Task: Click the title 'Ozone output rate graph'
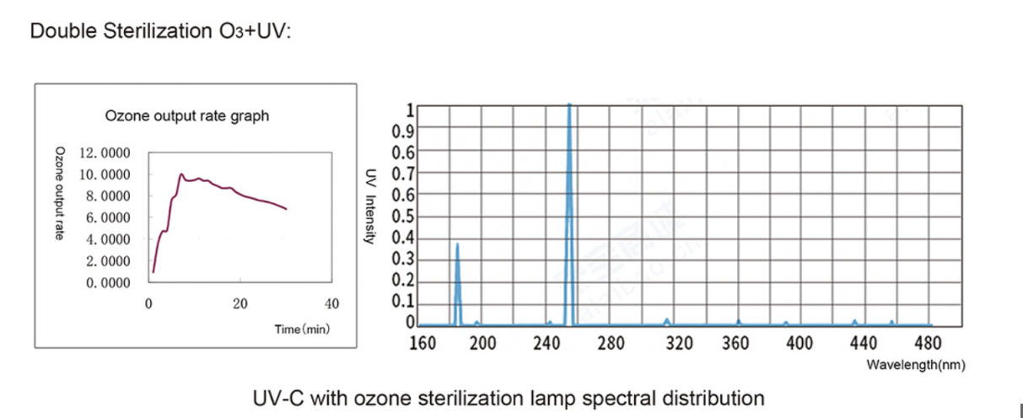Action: click(187, 116)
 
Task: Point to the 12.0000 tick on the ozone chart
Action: click(105, 153)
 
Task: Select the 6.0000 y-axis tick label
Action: click(105, 217)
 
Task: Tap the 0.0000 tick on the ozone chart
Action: click(105, 282)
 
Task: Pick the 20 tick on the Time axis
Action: click(240, 303)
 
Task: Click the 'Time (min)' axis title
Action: click(302, 329)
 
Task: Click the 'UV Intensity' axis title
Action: click(369, 206)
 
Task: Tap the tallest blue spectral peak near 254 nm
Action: click(570, 106)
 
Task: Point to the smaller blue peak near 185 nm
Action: click(457, 245)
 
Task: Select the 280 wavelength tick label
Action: click(611, 343)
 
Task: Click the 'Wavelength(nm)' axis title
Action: click(915, 366)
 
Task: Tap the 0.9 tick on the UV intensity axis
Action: click(403, 131)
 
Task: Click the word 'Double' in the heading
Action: click(57, 32)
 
